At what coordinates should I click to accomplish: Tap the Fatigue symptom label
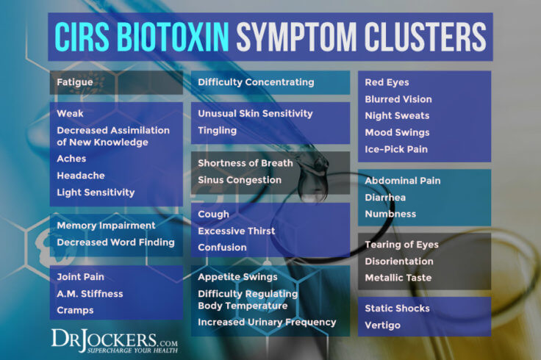[75, 82]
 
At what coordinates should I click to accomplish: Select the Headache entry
[81, 176]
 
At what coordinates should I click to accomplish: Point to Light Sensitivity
[96, 192]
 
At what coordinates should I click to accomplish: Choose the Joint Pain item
[80, 277]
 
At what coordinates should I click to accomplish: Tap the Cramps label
[75, 310]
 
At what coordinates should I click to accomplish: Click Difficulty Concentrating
[256, 82]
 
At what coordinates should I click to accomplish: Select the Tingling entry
[217, 131]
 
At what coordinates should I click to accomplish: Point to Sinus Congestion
[240, 180]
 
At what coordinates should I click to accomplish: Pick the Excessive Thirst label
[237, 231]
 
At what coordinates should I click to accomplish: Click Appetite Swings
[237, 277]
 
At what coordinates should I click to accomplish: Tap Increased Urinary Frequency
[267, 322]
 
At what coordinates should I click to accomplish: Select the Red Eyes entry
[387, 82]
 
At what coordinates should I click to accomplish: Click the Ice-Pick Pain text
[396, 149]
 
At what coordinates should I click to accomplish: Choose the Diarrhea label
[385, 198]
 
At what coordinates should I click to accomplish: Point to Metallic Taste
[398, 278]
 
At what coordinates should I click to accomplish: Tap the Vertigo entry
[382, 325]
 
